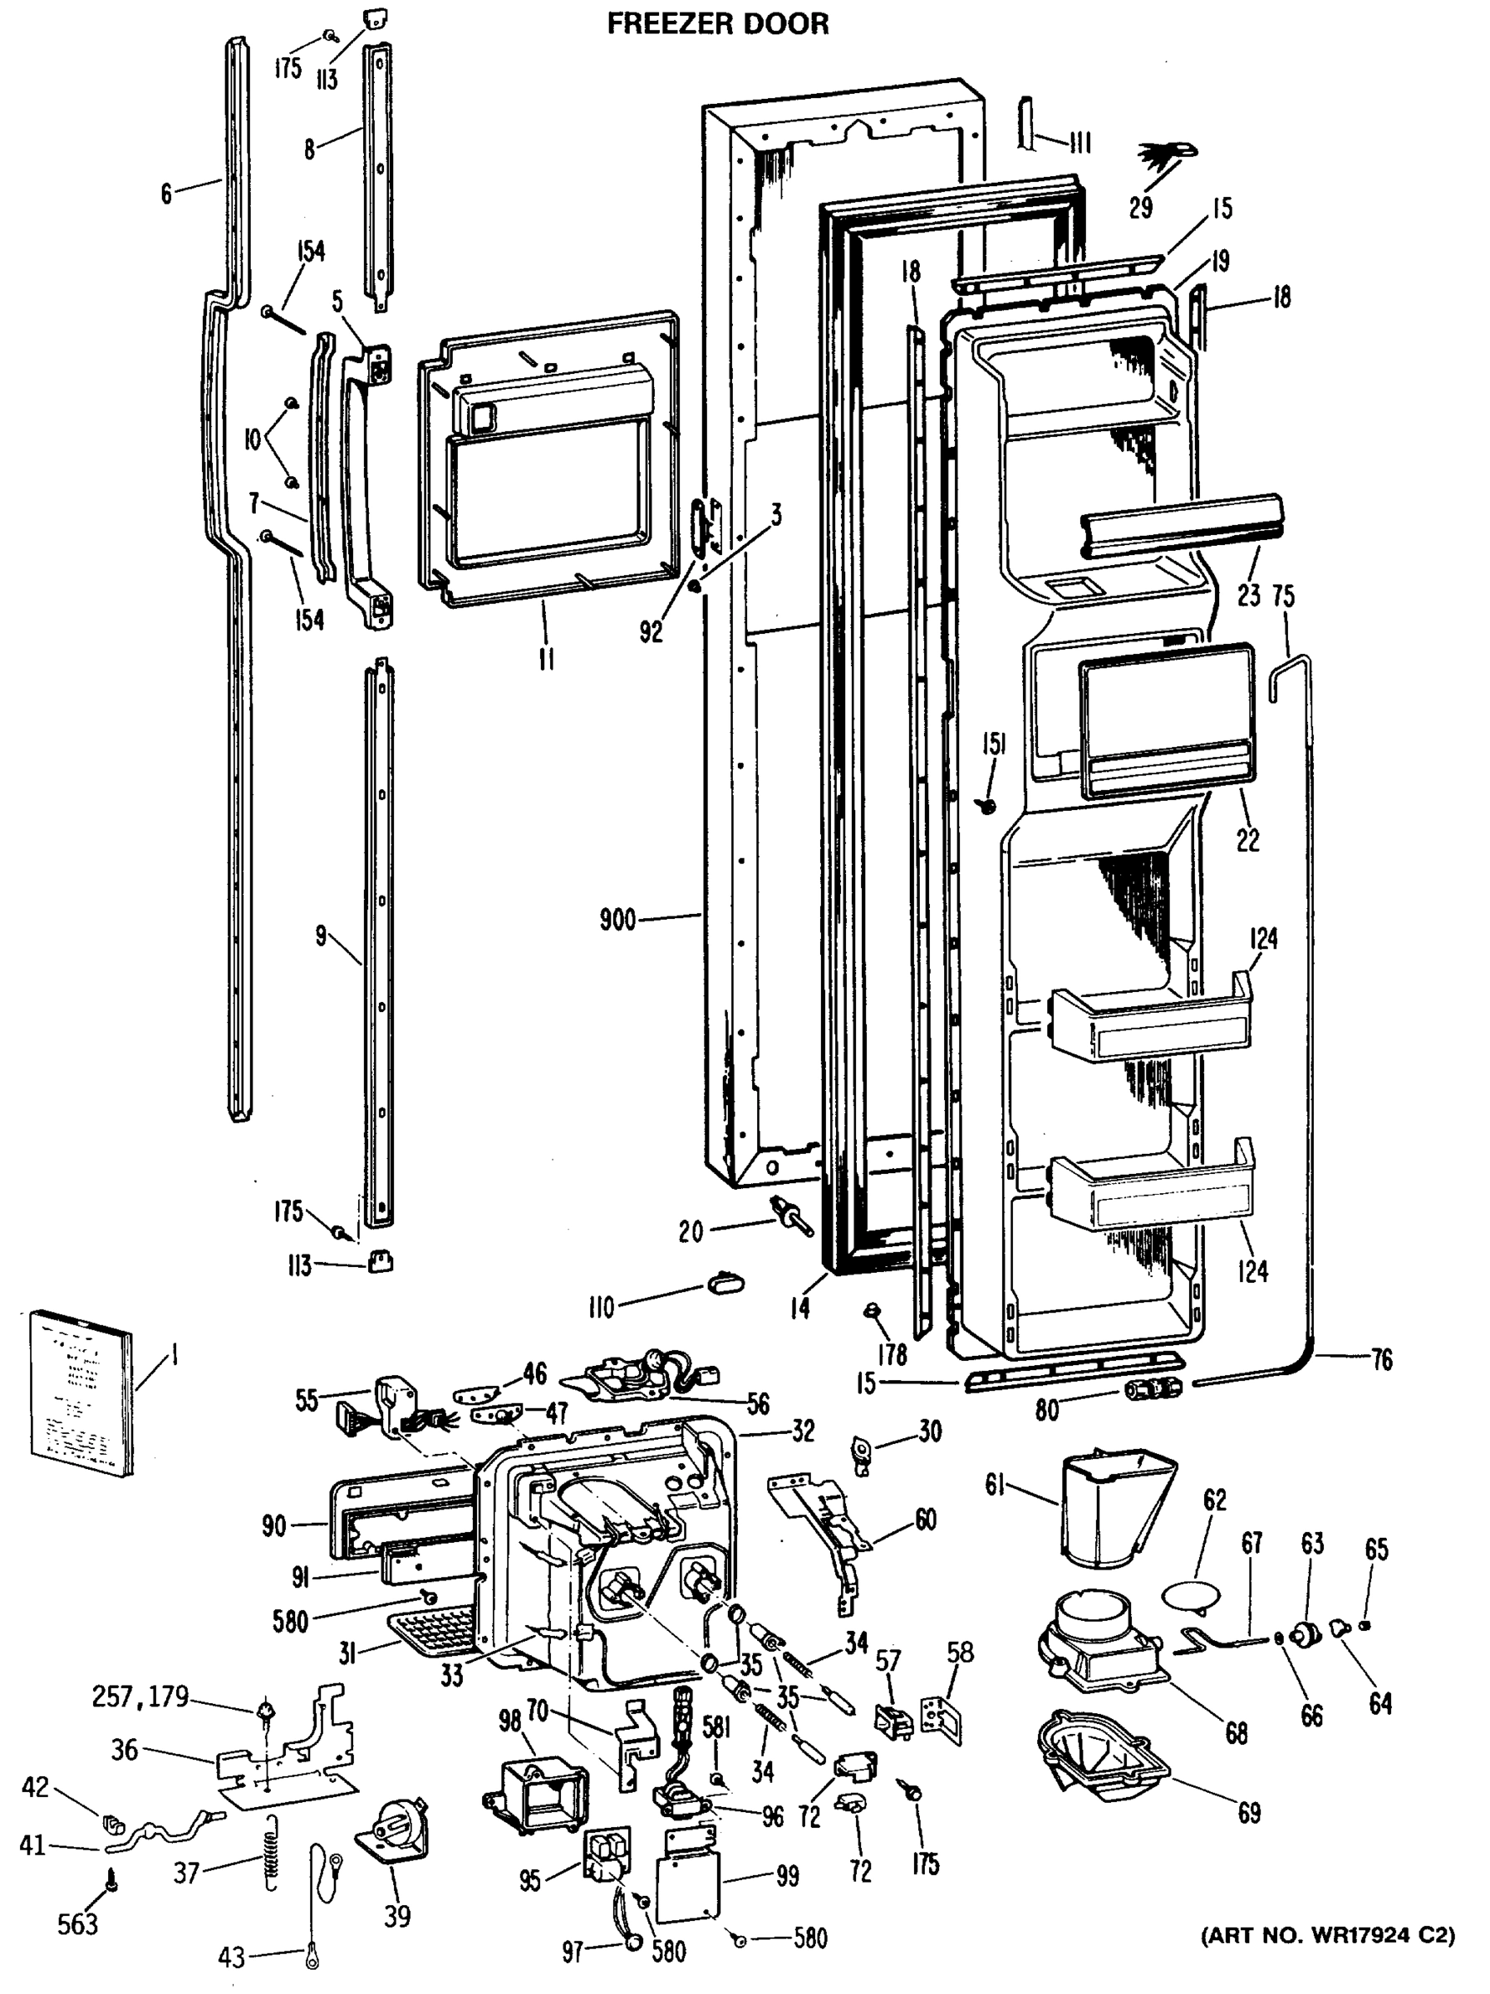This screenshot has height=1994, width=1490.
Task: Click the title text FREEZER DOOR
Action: (x=717, y=23)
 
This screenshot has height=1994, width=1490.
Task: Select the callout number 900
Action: (x=617, y=921)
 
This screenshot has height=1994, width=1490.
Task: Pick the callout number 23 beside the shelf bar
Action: (x=1247, y=595)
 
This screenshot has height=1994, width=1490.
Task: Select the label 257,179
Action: (x=140, y=1697)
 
